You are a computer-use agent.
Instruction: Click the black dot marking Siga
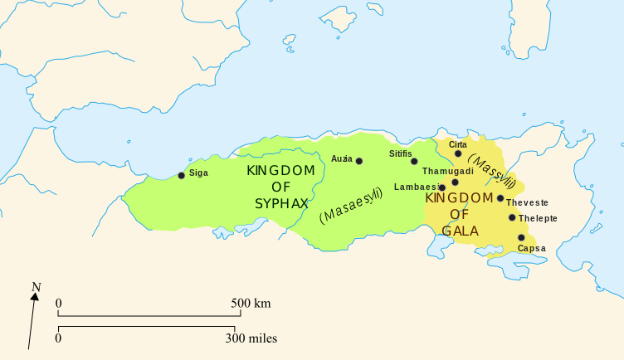[181, 175]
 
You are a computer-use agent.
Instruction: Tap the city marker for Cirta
[458, 153]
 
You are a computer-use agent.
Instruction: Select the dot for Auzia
[358, 161]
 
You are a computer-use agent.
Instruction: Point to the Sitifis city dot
[414, 161]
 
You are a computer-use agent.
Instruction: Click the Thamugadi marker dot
[455, 182]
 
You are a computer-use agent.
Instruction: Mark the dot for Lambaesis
[441, 187]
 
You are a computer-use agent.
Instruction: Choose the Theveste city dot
[500, 198]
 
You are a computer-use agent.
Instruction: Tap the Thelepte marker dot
[512, 218]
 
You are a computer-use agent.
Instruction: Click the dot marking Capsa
[521, 237]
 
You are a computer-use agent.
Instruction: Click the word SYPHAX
[282, 203]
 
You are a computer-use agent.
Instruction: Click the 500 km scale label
[251, 304]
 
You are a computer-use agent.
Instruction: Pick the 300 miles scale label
[251, 338]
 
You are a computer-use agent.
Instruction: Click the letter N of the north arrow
[36, 289]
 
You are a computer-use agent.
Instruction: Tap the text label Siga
[199, 173]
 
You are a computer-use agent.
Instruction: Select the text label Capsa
[531, 249]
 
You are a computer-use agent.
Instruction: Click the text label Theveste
[528, 202]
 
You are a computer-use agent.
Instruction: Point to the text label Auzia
[341, 158]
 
